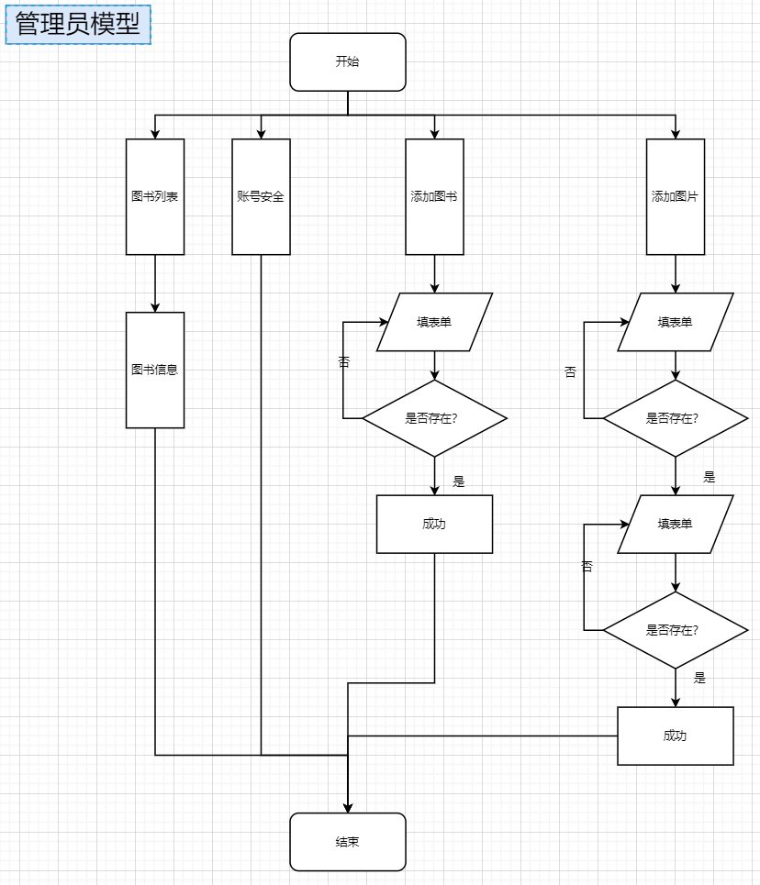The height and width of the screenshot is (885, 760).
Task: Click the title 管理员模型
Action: (78, 25)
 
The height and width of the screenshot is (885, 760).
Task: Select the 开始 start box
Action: (347, 62)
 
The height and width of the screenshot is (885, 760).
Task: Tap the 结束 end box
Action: (347, 842)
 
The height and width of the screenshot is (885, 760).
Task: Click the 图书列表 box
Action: (155, 196)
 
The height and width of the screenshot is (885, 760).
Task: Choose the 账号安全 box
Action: (261, 196)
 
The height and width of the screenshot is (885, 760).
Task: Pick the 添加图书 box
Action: (434, 196)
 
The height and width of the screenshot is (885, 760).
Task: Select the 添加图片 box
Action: (675, 196)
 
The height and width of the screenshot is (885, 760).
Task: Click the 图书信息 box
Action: (155, 370)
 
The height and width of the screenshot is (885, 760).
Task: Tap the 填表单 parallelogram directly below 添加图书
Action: (434, 322)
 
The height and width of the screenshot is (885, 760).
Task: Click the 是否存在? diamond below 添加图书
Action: (434, 418)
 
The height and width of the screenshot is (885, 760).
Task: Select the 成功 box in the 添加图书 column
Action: (434, 524)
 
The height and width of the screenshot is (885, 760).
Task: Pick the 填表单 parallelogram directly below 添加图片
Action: (675, 322)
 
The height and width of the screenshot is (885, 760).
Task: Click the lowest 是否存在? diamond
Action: (675, 630)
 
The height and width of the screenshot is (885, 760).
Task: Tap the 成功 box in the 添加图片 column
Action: (675, 736)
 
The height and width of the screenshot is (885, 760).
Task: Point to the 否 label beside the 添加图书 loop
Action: (344, 362)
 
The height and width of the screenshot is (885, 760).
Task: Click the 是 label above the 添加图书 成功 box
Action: (459, 481)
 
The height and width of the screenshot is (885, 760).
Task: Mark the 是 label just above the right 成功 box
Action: (699, 678)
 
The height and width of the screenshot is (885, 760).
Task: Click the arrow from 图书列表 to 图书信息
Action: (155, 283)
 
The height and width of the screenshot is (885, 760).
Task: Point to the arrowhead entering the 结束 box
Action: (348, 807)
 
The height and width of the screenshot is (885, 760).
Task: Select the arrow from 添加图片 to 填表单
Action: (676, 273)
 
